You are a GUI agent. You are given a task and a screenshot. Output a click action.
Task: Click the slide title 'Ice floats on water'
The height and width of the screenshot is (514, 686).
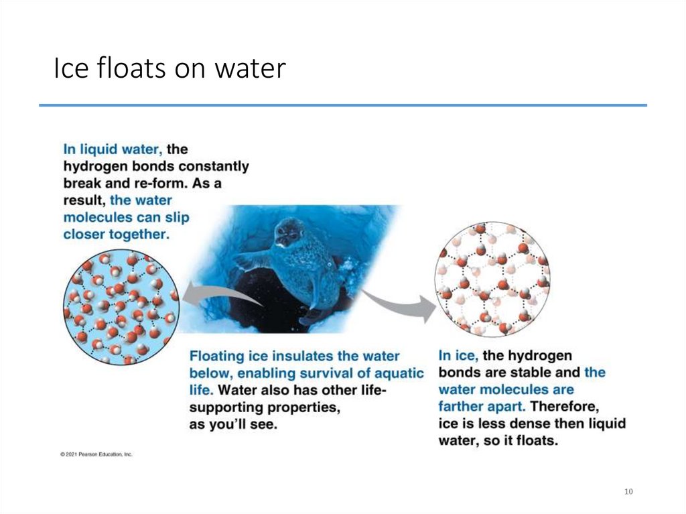[x=169, y=69]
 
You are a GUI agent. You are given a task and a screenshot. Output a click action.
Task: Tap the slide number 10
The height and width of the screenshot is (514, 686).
[x=628, y=492]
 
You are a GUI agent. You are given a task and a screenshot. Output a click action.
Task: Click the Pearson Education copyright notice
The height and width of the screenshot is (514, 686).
[x=96, y=454]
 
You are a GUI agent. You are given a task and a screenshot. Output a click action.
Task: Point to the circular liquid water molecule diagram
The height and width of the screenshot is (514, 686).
[x=121, y=307]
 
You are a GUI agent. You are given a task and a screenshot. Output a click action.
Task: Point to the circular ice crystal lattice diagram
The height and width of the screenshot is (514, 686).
[x=492, y=279]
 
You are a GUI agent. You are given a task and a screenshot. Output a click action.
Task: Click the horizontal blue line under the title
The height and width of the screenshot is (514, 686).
[x=342, y=105]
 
